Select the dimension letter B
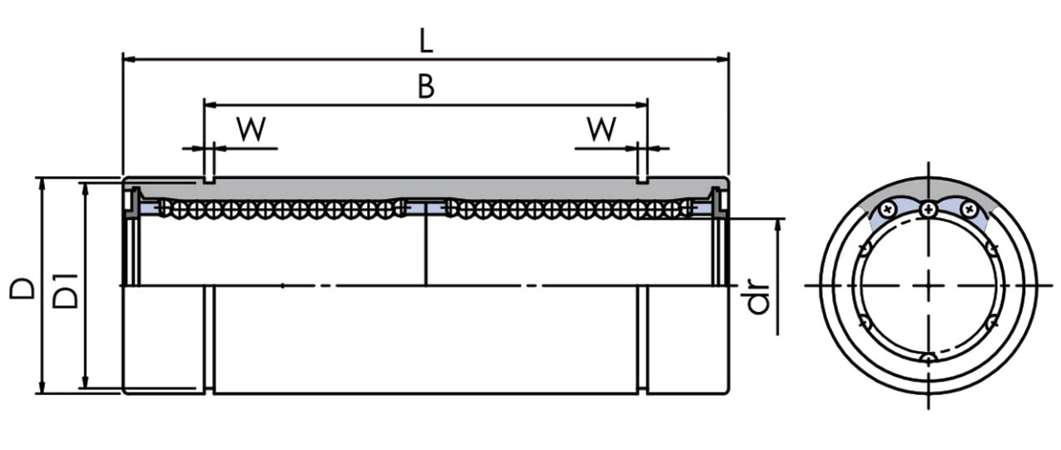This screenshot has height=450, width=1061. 425,87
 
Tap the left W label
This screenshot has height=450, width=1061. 250,129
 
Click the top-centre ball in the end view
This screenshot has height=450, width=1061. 928,210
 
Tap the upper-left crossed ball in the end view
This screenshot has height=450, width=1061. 890,208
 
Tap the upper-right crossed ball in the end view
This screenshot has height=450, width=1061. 967,208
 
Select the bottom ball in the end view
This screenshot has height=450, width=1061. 929,358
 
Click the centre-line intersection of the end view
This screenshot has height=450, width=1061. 929,285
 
